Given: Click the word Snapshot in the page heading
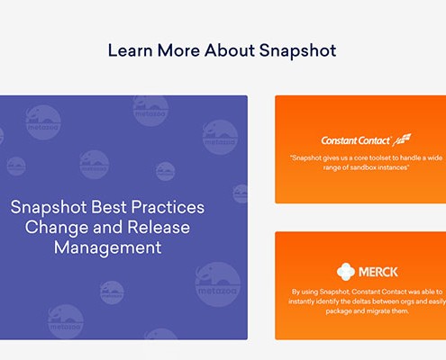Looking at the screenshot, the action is point(297,50).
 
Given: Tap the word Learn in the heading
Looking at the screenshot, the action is point(130,50).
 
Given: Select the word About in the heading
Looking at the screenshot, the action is point(230,50).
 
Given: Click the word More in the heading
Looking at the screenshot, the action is point(178,50).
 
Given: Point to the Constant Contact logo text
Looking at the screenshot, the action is point(356,140).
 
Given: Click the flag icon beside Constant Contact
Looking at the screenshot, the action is point(402,139).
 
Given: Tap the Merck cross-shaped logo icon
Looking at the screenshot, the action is point(346,272).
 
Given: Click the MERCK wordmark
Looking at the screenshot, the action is point(378,272).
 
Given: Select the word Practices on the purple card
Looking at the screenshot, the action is point(168,207).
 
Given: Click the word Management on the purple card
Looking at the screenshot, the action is point(108,247).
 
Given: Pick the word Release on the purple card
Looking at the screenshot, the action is point(159,228).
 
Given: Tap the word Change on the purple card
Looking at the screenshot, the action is point(57,228).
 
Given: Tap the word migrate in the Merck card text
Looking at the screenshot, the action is point(378,310).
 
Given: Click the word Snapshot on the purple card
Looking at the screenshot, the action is point(49,208).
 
